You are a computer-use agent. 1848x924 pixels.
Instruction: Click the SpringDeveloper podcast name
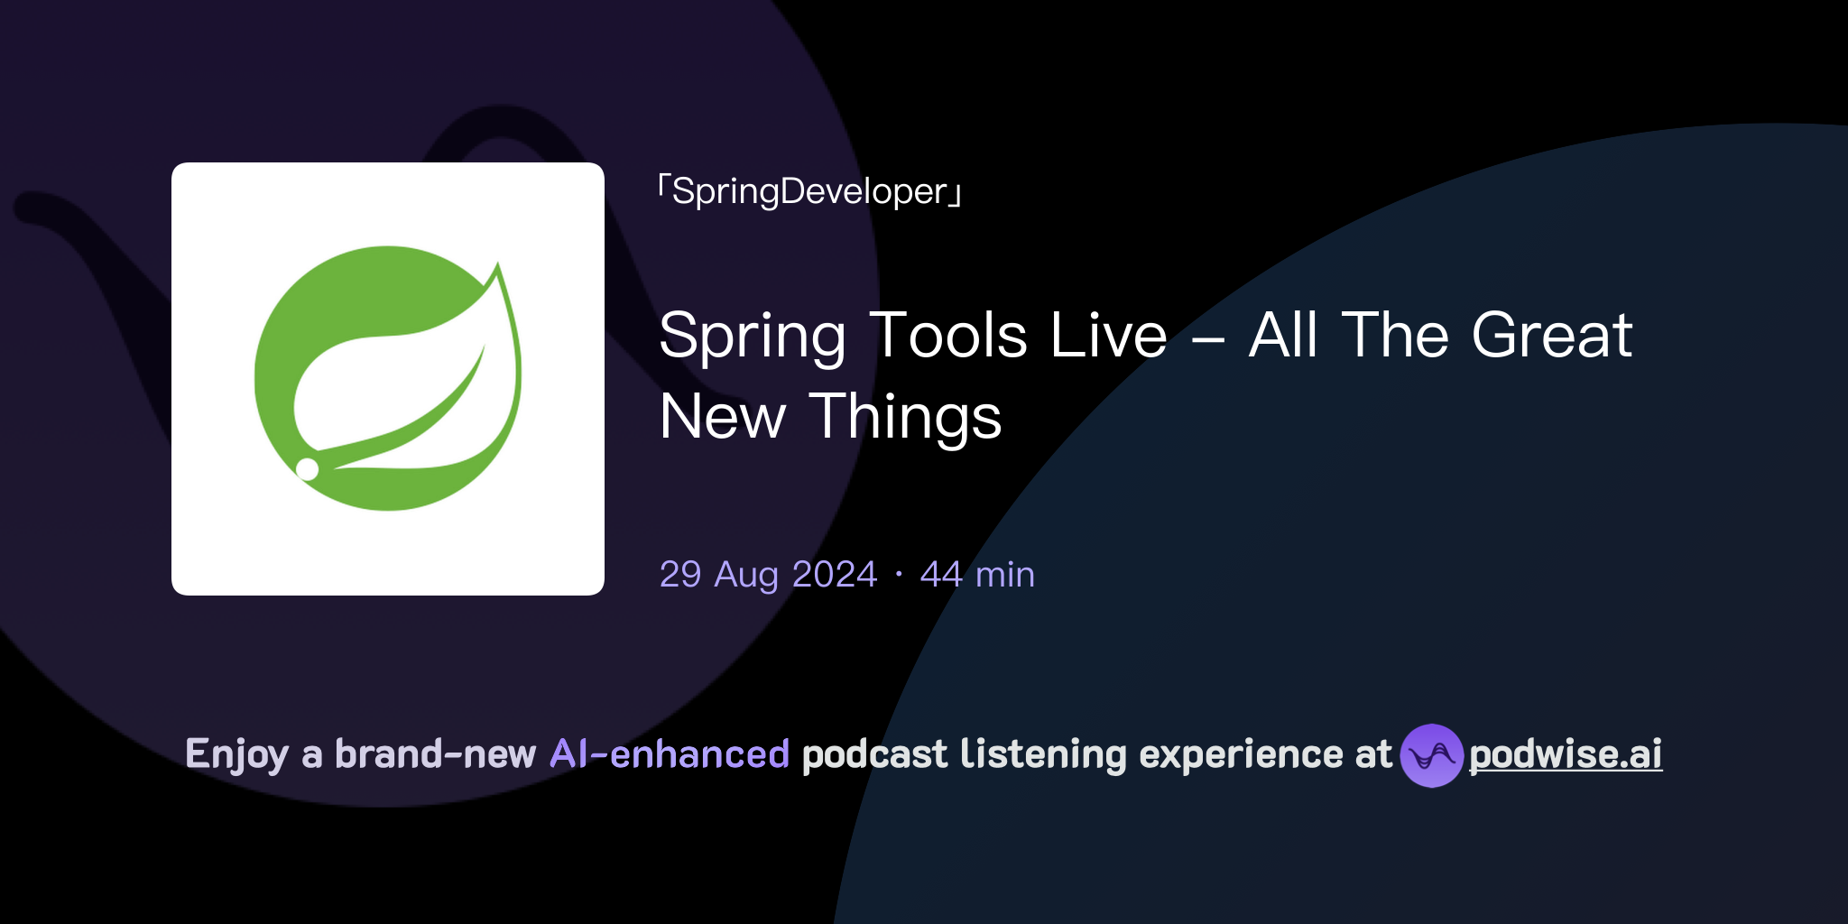(x=809, y=191)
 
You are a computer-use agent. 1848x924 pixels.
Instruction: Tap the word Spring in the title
(x=752, y=337)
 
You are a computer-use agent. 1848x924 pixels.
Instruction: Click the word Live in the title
(x=1109, y=335)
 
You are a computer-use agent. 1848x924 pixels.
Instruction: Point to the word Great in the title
(x=1551, y=335)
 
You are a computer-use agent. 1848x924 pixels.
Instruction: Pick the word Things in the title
(x=904, y=418)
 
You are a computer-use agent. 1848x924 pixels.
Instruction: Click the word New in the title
(x=723, y=418)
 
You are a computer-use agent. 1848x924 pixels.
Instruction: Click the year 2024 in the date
(x=834, y=575)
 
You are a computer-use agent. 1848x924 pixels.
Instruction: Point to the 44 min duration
(x=977, y=575)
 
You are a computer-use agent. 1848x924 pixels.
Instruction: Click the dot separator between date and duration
(x=899, y=575)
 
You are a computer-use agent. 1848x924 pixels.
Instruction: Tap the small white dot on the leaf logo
(x=308, y=468)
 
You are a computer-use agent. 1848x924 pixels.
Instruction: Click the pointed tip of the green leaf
(x=497, y=264)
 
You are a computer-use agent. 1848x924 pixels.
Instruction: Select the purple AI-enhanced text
(x=670, y=754)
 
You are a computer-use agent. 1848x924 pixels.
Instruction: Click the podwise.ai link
(x=1566, y=754)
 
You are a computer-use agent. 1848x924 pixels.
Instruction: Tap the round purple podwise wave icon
(x=1430, y=755)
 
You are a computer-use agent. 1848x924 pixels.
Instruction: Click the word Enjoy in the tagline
(x=236, y=754)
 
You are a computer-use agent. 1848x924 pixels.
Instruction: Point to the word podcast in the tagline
(x=874, y=754)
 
